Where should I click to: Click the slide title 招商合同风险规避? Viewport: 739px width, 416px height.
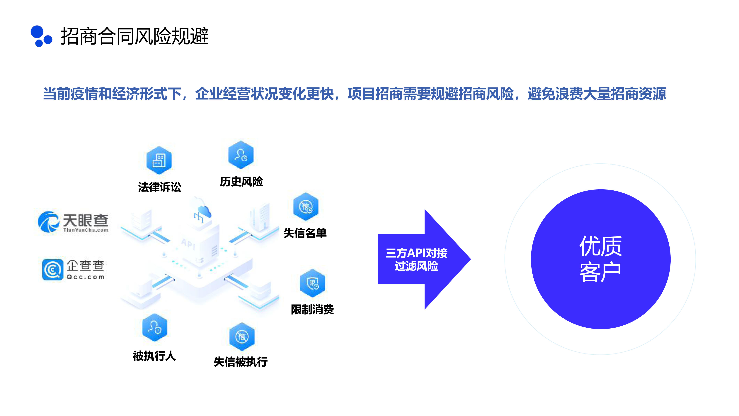click(134, 36)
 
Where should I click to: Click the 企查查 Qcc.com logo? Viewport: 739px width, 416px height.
click(73, 269)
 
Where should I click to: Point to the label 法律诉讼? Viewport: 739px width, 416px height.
click(159, 187)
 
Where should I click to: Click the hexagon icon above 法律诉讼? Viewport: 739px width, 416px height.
click(159, 160)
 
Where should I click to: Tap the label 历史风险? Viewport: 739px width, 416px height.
click(241, 181)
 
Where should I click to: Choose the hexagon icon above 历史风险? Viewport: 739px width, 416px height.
click(241, 155)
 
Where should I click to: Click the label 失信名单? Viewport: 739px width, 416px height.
click(305, 233)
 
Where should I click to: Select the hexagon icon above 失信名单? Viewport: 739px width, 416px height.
click(306, 206)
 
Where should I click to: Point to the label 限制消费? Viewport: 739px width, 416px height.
click(312, 309)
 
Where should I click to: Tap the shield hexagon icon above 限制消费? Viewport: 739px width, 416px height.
click(312, 283)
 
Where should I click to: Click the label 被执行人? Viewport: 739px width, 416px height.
click(154, 356)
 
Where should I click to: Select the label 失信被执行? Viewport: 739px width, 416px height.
click(241, 362)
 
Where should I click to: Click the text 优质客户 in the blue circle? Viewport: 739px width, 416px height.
click(600, 259)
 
